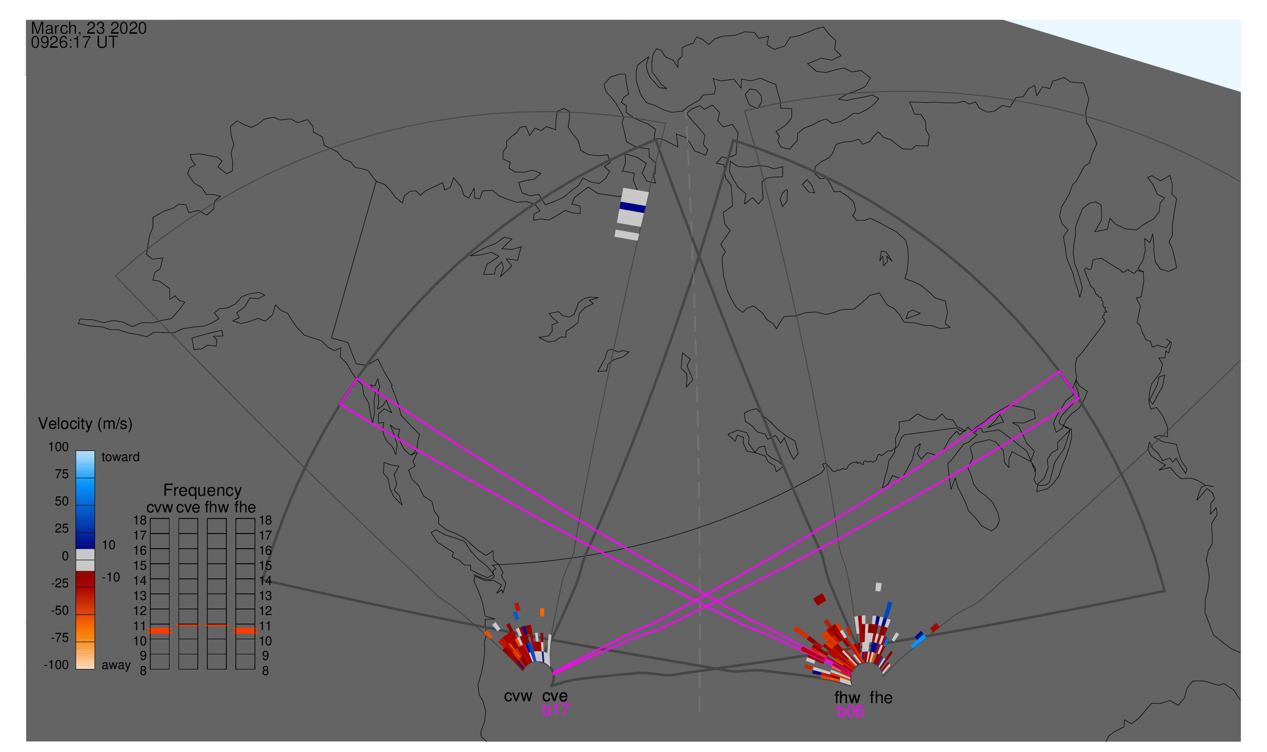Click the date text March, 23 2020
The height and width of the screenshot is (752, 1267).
(89, 28)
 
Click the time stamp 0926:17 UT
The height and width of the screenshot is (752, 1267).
(74, 43)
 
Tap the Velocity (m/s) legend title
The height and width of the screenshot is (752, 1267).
(85, 424)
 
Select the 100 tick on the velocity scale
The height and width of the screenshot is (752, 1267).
(58, 447)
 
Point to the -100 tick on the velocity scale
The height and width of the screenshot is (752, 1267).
(56, 665)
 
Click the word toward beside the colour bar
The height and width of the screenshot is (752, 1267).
(121, 457)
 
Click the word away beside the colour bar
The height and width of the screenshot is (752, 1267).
(116, 665)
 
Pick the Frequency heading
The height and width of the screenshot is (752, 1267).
(203, 491)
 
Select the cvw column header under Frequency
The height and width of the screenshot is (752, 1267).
(159, 508)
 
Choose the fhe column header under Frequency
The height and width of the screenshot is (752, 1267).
(245, 508)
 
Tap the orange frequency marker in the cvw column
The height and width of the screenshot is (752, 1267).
(160, 631)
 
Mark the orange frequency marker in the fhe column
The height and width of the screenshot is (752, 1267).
(245, 631)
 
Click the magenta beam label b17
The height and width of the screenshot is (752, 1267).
(555, 710)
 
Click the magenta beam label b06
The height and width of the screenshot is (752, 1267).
(850, 712)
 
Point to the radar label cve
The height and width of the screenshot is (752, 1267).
(555, 696)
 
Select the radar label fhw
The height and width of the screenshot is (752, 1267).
(847, 698)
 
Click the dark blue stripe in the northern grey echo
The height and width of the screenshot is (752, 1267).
(633, 207)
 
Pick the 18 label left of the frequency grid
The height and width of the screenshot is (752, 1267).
(140, 520)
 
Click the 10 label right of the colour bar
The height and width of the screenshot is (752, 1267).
(109, 545)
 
